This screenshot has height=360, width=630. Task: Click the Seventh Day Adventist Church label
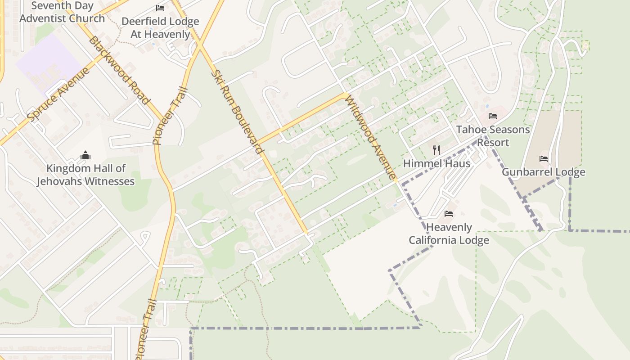point(62,13)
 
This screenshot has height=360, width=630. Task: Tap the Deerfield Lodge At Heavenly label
point(160,27)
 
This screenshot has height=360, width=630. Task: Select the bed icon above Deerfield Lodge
point(160,8)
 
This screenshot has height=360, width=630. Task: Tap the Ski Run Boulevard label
point(237,112)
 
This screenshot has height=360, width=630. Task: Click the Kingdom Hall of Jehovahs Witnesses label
point(85,175)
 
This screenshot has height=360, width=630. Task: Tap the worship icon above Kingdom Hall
point(85,156)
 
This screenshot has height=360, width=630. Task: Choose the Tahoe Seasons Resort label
point(493,136)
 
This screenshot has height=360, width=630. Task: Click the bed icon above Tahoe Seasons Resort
point(493,116)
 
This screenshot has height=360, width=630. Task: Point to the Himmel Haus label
point(436,163)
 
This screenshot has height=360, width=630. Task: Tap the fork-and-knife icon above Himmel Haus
point(436,150)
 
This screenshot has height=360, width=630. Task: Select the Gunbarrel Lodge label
point(543,172)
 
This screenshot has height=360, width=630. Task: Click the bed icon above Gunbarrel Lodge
point(544,159)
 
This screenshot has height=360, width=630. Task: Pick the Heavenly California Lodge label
point(449,234)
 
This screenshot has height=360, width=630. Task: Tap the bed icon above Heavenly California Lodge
point(449,213)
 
